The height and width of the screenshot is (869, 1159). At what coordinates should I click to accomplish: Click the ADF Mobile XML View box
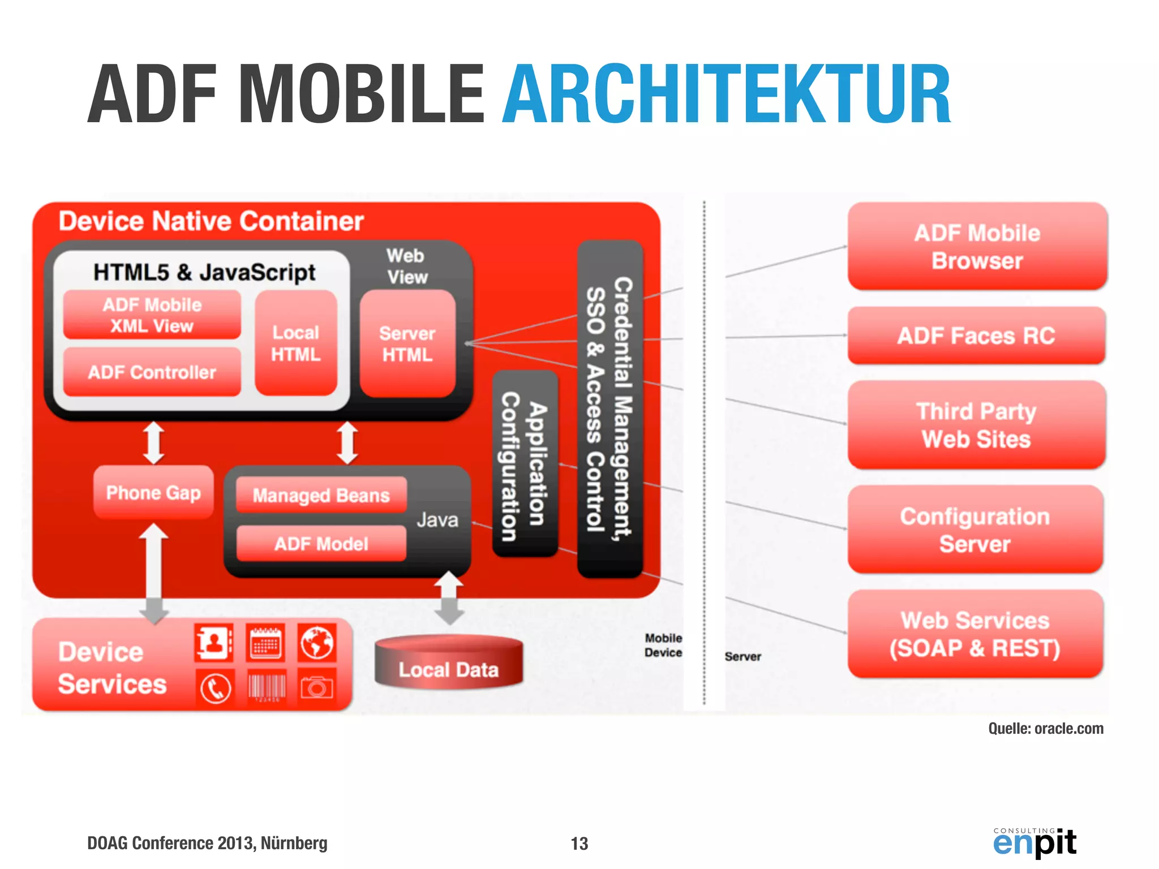tap(152, 315)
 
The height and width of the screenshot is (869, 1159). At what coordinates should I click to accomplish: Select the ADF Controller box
tap(152, 372)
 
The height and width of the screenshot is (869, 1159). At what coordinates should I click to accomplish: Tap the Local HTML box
tap(295, 343)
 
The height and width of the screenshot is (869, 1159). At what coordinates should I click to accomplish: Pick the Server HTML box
tap(407, 343)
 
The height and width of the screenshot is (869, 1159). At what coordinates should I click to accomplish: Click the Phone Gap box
tap(153, 492)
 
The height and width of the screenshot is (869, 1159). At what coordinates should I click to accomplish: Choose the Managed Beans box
tap(321, 495)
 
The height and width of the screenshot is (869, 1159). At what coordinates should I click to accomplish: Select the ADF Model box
tap(321, 544)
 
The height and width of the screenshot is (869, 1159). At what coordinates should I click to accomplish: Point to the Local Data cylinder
tap(448, 663)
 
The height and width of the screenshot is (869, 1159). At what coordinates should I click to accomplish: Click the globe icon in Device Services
tap(317, 643)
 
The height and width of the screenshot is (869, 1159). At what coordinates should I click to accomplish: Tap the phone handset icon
tap(215, 688)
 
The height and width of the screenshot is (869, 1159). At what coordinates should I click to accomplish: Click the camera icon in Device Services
tap(317, 687)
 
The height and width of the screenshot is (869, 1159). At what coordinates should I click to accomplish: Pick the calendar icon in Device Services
tap(266, 643)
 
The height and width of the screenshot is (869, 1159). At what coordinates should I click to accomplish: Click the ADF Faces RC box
tap(976, 335)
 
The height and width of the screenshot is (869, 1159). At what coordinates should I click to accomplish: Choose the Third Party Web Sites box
tap(976, 425)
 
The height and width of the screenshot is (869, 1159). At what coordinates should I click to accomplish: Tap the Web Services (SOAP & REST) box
tap(975, 634)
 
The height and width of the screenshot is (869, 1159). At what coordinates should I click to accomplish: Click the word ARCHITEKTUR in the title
tap(727, 94)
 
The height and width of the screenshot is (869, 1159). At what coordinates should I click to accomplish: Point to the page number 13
tap(579, 844)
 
